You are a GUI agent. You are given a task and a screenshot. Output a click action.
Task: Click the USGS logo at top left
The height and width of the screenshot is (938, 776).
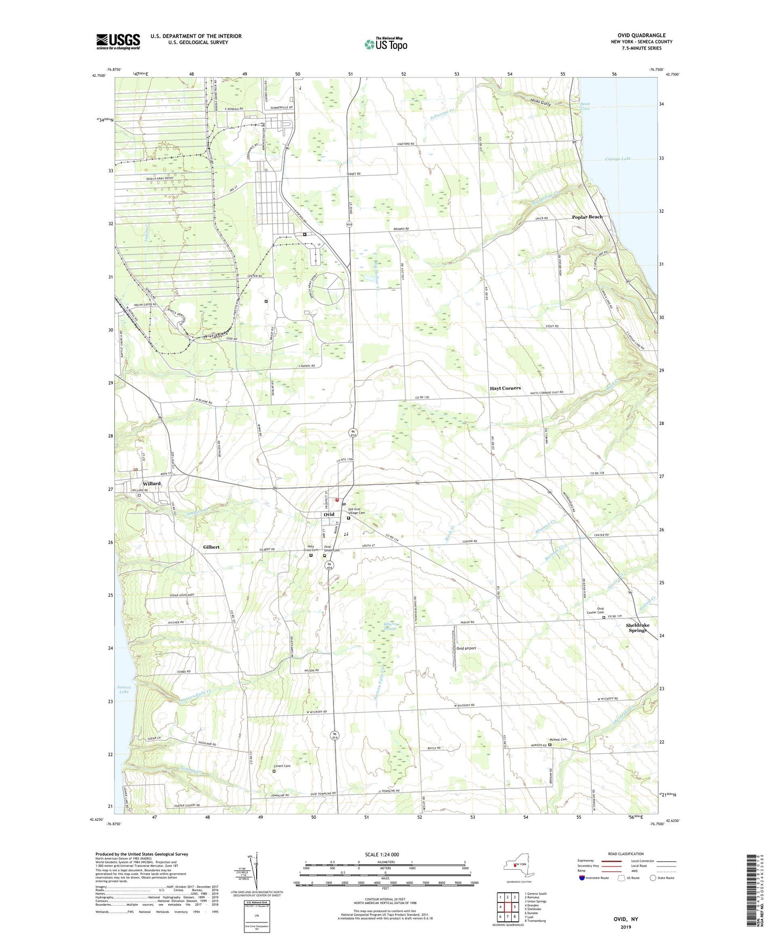pyautogui.click(x=118, y=41)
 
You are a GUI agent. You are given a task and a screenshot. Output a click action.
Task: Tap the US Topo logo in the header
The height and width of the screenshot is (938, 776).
pyautogui.click(x=386, y=44)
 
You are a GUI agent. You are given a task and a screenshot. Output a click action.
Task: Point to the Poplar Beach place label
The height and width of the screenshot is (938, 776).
pyautogui.click(x=587, y=217)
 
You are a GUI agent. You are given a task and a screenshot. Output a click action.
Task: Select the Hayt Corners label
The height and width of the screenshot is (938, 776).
pyautogui.click(x=505, y=388)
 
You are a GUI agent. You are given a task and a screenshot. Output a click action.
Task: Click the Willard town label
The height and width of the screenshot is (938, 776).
pyautogui.click(x=151, y=484)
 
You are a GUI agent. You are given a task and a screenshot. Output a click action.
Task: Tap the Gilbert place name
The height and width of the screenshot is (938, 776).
pyautogui.click(x=211, y=547)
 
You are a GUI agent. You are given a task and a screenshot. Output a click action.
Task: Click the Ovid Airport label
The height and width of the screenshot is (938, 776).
pyautogui.click(x=466, y=648)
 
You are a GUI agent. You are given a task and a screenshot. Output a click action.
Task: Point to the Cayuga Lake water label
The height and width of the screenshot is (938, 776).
pyautogui.click(x=618, y=159)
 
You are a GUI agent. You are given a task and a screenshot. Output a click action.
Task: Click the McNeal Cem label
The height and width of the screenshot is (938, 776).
pyautogui.click(x=557, y=739)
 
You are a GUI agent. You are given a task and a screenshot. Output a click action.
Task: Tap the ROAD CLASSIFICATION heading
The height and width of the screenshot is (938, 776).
pyautogui.click(x=626, y=854)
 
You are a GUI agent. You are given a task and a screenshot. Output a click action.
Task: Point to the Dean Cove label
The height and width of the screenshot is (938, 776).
pyautogui.click(x=585, y=106)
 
